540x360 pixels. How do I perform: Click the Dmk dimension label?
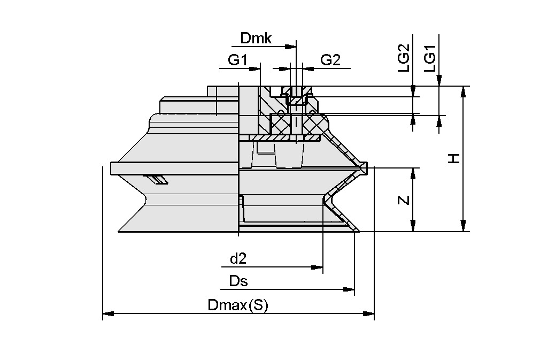(x=256, y=39)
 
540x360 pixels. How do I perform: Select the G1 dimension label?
(x=237, y=60)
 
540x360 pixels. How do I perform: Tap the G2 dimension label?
(x=330, y=60)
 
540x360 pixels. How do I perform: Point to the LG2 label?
(x=404, y=58)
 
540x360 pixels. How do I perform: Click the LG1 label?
(x=430, y=58)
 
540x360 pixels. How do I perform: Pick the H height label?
(x=453, y=158)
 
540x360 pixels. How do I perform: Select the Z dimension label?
(x=404, y=200)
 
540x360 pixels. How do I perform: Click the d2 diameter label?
(x=238, y=259)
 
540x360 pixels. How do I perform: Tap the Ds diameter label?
(x=238, y=281)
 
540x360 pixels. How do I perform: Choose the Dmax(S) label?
(x=237, y=305)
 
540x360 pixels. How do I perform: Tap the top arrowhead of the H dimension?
(x=463, y=91)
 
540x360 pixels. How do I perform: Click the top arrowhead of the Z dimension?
(x=413, y=173)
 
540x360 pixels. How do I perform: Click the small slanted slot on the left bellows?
(x=157, y=179)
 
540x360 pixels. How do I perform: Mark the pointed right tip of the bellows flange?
(x=366, y=168)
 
